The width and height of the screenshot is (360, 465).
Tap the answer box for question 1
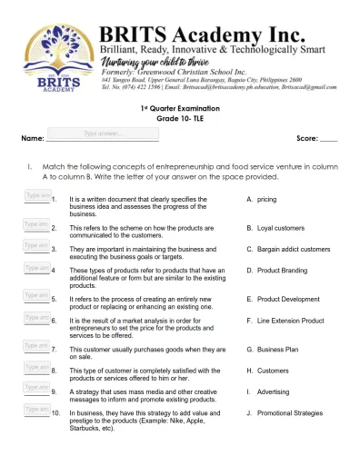pyautogui.click(x=36, y=197)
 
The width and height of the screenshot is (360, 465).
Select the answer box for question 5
pyautogui.click(x=36, y=294)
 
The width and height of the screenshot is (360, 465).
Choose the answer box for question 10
pyautogui.click(x=36, y=411)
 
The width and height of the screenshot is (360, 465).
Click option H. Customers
pyautogui.click(x=274, y=371)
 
